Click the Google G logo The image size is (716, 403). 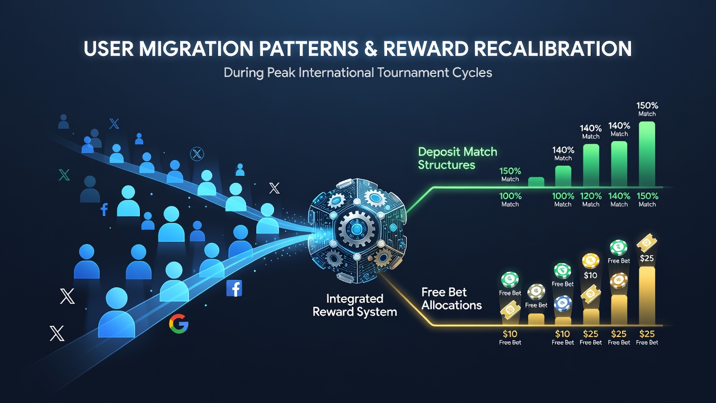178,324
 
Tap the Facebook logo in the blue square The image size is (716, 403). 234,288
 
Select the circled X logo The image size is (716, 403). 197,154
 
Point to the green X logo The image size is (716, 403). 64,175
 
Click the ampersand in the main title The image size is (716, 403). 370,49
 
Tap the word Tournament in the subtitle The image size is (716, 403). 413,73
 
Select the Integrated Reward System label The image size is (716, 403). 355,305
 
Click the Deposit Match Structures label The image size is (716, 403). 458,158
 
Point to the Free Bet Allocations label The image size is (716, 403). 451,298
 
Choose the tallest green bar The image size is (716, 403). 647,154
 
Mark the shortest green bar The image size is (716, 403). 536,182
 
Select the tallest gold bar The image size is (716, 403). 647,296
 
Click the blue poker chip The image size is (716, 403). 563,303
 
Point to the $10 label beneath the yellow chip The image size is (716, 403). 590,275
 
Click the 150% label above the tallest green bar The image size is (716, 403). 647,106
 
